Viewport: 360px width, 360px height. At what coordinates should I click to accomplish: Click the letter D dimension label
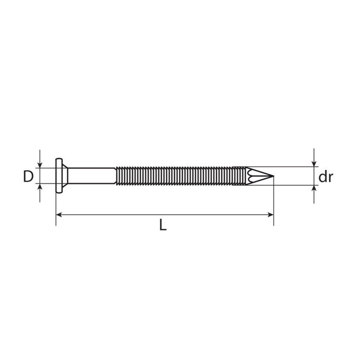(28, 177)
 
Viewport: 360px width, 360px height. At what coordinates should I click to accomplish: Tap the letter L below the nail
(163, 225)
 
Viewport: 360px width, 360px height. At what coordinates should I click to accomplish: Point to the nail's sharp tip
(274, 176)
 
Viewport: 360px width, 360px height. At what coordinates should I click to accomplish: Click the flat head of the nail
(59, 176)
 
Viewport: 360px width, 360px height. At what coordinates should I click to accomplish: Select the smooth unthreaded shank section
(91, 176)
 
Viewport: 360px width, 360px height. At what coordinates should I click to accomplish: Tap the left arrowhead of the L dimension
(59, 215)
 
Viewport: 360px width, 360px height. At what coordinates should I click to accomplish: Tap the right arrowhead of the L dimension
(271, 215)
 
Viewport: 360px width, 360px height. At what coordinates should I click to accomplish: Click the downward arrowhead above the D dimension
(40, 165)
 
